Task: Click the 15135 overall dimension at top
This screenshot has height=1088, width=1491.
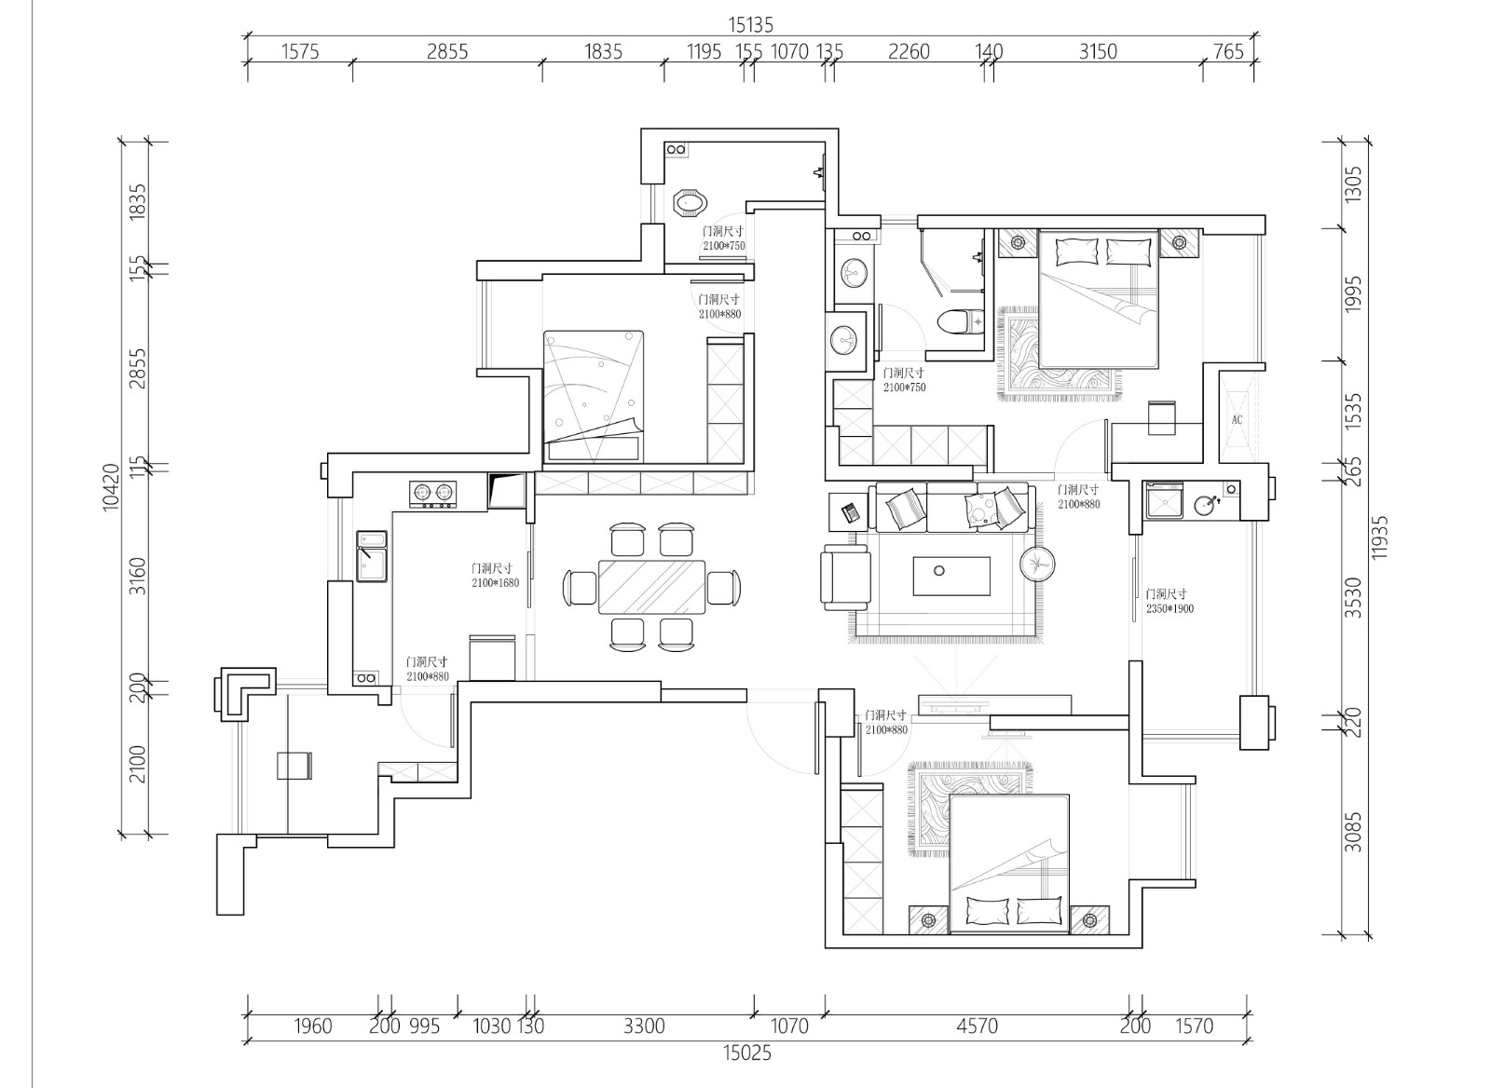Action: coord(751,25)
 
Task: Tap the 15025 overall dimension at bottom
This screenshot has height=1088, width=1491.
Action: coord(746,1053)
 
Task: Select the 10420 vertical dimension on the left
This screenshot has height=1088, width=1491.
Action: coord(111,488)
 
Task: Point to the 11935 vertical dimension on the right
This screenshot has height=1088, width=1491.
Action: coord(1379,537)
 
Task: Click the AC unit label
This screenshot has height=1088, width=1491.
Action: coord(1237,420)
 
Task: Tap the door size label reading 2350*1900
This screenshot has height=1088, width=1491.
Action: coord(1170,608)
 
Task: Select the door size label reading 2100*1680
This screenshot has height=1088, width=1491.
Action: coord(495,583)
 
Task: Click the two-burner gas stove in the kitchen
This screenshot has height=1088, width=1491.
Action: coord(432,495)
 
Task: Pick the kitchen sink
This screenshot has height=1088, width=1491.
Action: coord(372,556)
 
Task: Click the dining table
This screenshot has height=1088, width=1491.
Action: coord(651,587)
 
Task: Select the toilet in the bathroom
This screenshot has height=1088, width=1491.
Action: coord(961,322)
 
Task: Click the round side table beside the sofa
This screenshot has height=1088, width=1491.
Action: coord(1037,564)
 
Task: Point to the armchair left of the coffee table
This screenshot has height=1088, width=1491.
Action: coord(845,577)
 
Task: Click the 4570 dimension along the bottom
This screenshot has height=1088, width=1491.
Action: coord(978,1027)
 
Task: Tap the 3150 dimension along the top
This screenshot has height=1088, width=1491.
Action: coord(1098,51)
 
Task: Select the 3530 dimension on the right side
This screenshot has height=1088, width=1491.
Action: coord(1353,597)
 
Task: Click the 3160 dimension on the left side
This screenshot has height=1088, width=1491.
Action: coord(136,577)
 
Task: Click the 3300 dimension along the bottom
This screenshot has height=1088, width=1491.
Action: coord(644,1027)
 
